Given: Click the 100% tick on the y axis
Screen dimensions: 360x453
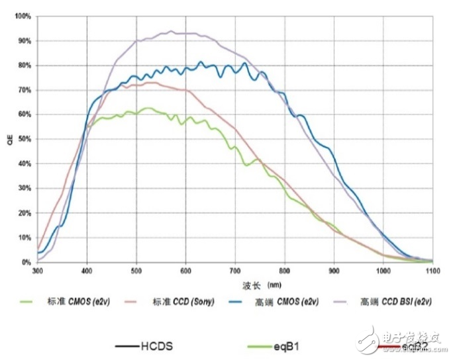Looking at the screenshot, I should point(23,16).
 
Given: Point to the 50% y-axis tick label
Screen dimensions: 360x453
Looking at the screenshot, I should point(25,139).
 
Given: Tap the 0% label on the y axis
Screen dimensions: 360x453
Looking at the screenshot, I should point(26,262).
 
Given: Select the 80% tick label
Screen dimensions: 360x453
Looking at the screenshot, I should point(25,65).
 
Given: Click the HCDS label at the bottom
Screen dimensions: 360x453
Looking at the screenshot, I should point(156,345).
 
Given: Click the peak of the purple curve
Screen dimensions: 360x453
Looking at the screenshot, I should point(172,31).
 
